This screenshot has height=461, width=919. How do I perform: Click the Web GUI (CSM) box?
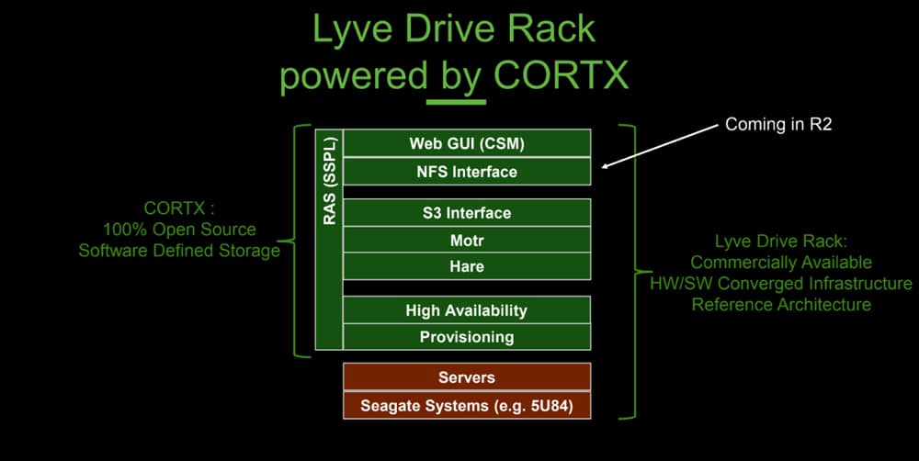467,143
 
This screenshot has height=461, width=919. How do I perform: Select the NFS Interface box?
467,171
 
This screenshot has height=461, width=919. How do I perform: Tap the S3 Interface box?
467,213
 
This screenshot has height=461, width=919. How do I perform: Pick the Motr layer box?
467,240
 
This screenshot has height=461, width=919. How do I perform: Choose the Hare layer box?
467,266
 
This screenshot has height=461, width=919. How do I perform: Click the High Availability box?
467,309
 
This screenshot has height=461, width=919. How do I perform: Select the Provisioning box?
467,337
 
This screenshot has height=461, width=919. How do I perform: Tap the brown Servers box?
467,377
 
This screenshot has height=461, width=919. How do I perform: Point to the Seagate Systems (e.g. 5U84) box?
467,405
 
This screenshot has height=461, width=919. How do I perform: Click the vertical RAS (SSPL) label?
329,181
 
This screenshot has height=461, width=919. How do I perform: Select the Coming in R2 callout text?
778,124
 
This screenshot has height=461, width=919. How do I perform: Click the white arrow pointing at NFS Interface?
659,146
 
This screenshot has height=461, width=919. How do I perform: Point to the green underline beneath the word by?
456,102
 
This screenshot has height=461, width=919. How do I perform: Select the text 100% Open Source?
179,229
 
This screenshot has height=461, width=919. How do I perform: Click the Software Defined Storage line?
179,251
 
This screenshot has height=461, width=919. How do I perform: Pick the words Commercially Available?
780,263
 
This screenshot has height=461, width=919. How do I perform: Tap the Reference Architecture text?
780,305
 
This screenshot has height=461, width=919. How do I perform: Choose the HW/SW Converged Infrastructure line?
780,284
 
